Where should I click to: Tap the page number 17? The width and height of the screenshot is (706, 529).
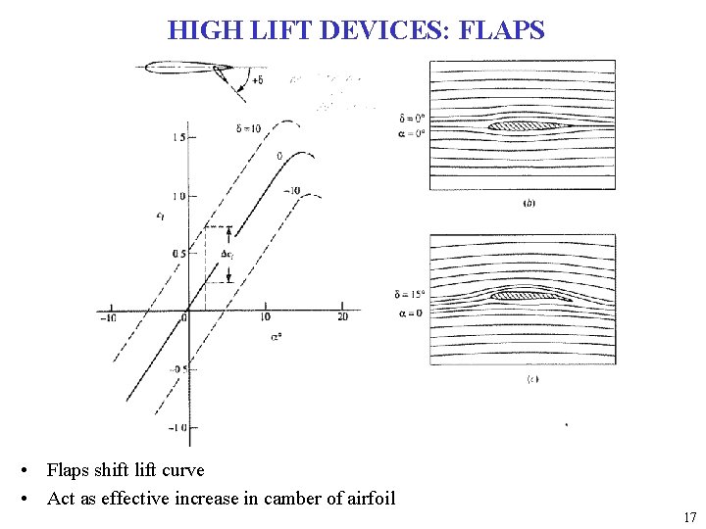tap(689, 518)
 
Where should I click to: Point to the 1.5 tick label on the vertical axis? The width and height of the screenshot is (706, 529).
tap(176, 138)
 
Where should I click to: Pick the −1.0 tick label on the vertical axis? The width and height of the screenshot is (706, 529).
tap(176, 428)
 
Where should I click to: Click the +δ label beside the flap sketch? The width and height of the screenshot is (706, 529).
tap(256, 80)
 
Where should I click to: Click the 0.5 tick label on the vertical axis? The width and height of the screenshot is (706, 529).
tap(176, 254)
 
